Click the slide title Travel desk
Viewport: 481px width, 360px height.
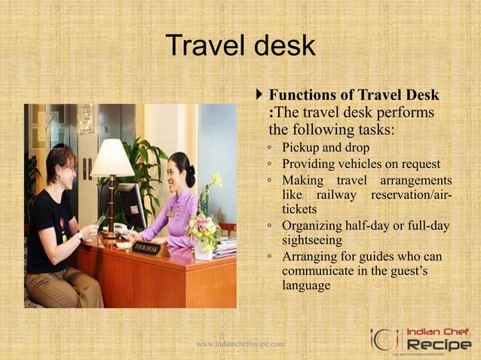(x=240, y=47)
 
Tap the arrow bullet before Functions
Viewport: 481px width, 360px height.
(x=260, y=96)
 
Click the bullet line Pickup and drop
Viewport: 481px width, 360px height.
(x=325, y=147)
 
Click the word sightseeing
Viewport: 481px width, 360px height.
(x=312, y=240)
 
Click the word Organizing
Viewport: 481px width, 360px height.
(x=314, y=225)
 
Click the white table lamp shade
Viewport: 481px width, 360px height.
(x=112, y=158)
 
